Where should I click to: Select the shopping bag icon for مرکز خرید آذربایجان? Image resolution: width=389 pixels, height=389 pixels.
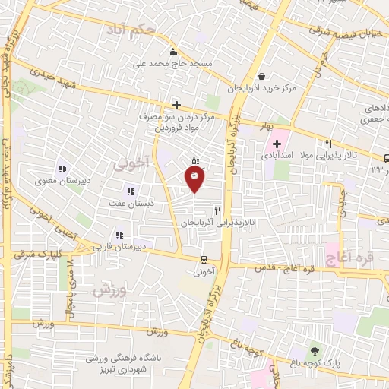[262, 76]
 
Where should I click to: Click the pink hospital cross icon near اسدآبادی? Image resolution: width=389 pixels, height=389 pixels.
[277, 144]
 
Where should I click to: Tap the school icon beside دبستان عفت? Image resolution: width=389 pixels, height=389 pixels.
[131, 191]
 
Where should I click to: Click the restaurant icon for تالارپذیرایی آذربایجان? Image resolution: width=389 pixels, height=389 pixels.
[218, 210]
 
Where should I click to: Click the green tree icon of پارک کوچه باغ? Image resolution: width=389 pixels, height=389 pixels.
[315, 351]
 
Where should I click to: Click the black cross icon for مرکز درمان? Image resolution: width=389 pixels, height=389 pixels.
[176, 105]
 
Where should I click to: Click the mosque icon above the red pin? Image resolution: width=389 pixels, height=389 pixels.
[195, 160]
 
